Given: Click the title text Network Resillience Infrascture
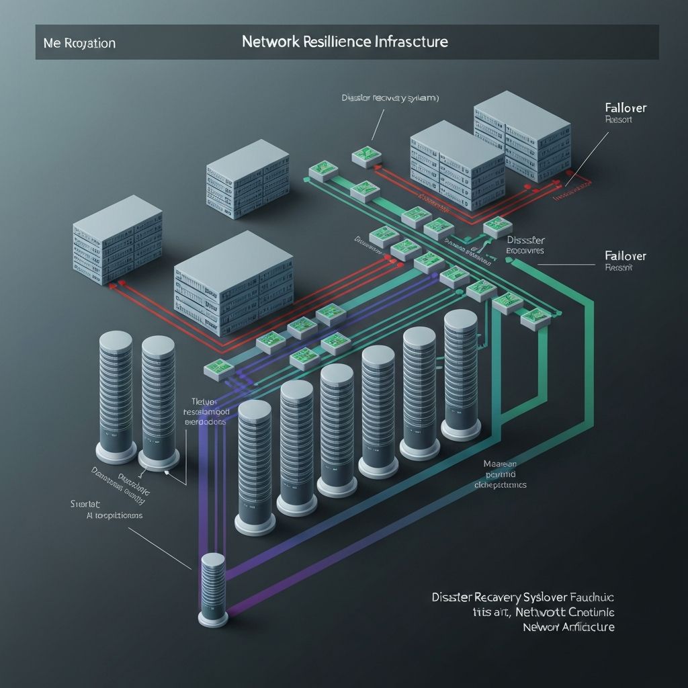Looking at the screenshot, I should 345,42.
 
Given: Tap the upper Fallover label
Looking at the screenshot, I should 626,107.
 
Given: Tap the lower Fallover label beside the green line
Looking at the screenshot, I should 626,256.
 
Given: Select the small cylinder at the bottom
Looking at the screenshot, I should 213,588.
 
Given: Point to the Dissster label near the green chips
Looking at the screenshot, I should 525,240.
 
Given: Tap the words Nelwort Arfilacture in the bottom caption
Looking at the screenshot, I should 568,627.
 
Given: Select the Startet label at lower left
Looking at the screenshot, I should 85,503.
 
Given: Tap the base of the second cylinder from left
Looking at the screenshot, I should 159,460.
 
